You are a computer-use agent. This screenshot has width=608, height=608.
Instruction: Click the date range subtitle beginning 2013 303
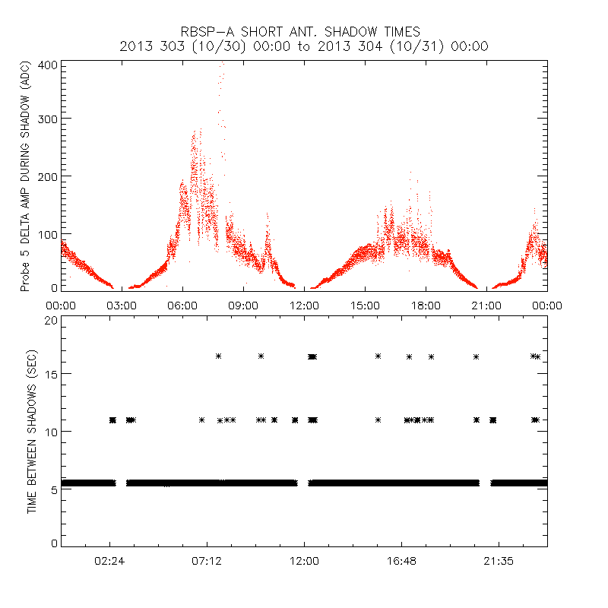[x=304, y=46]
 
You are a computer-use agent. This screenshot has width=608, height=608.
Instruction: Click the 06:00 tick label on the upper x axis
[x=182, y=306]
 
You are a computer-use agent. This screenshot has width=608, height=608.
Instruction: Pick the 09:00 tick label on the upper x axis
[x=243, y=306]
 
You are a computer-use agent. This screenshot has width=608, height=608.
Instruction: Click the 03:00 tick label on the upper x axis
[x=122, y=306]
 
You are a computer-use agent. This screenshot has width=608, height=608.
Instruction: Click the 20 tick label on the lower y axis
[x=51, y=320]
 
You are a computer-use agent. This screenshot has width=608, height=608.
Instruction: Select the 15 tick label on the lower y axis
[x=51, y=374]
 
